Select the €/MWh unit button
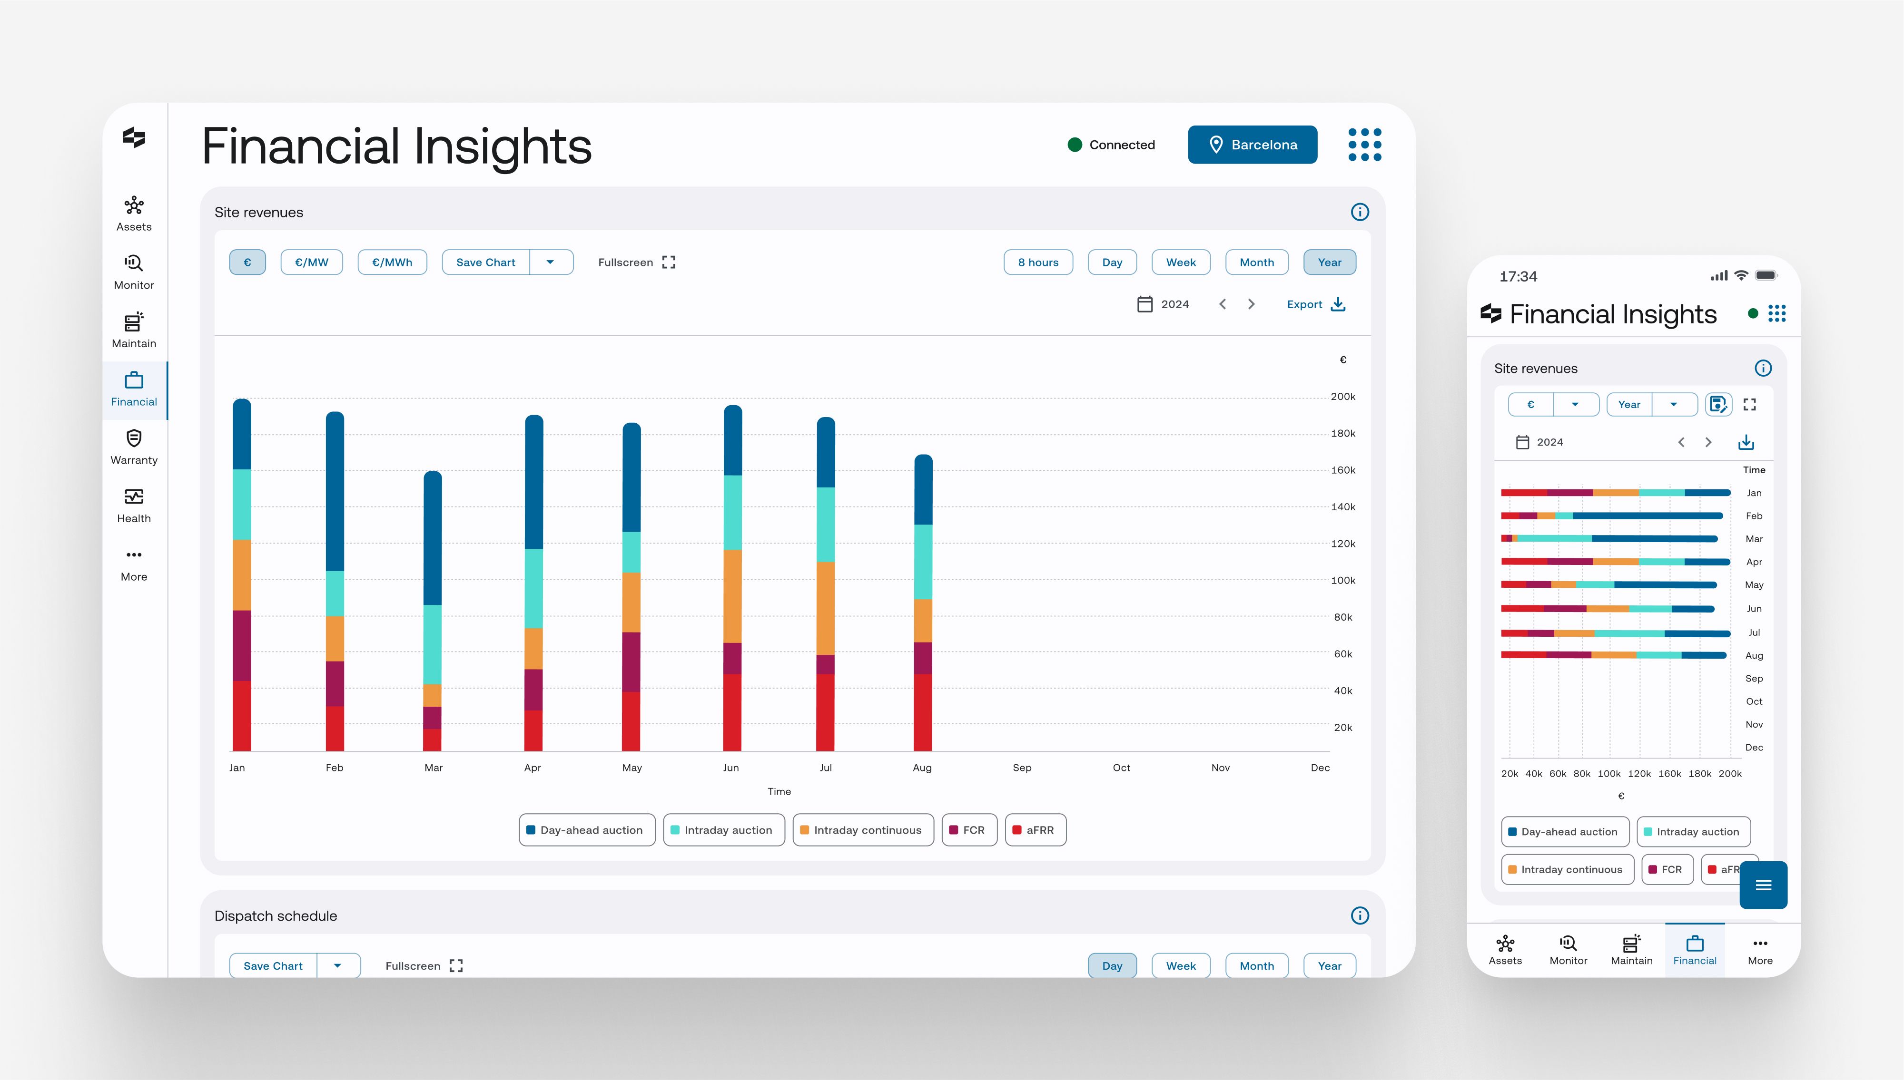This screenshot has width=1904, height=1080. click(392, 263)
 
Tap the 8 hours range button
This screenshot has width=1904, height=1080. click(1037, 263)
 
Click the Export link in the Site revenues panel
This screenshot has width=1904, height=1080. click(1315, 304)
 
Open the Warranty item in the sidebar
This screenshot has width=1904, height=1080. click(134, 448)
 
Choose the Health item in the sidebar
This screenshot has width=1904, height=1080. click(134, 506)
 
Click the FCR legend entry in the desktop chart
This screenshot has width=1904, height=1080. click(969, 830)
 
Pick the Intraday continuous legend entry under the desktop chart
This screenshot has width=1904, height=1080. click(863, 830)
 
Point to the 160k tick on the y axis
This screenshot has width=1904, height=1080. click(1343, 470)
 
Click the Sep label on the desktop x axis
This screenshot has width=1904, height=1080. click(1022, 768)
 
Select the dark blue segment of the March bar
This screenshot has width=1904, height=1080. click(433, 538)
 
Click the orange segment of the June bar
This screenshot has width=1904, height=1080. click(732, 595)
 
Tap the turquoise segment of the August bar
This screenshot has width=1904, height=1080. click(923, 562)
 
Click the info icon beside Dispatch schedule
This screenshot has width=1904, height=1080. click(1360, 915)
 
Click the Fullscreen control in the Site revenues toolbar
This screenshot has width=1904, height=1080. click(637, 263)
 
